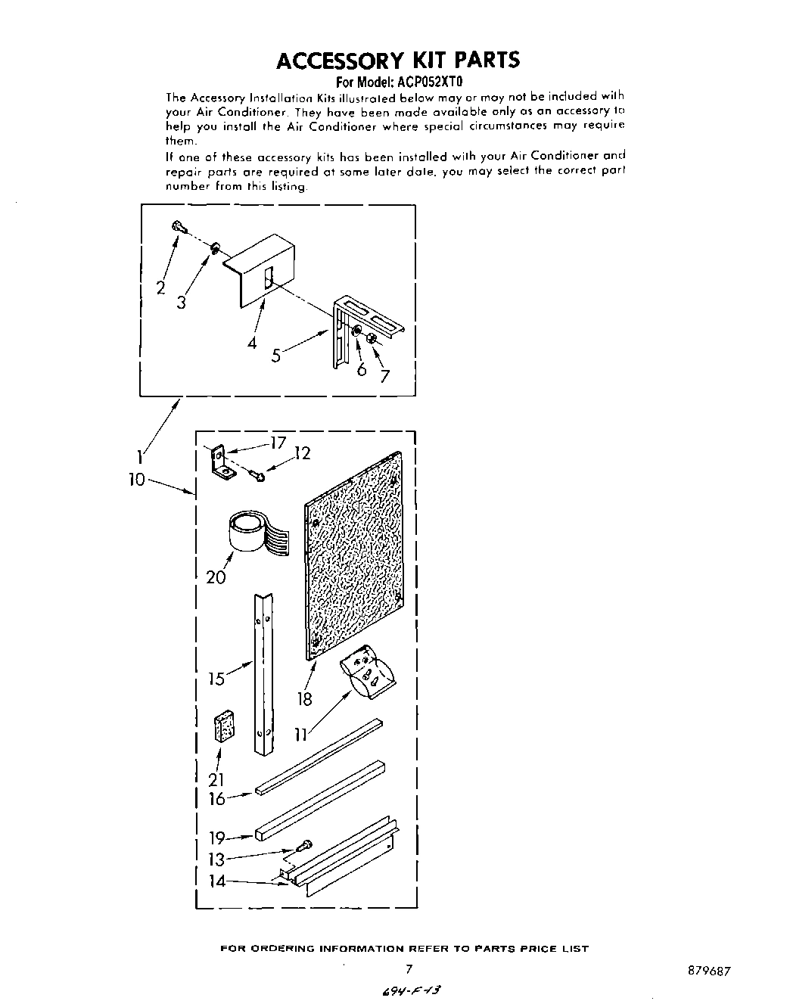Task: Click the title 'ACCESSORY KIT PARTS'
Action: pyautogui.click(x=398, y=60)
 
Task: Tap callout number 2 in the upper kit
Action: pyautogui.click(x=160, y=288)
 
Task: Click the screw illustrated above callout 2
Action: pyautogui.click(x=179, y=226)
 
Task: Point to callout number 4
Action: pyautogui.click(x=251, y=342)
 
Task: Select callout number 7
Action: pyautogui.click(x=385, y=375)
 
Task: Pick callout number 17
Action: pyautogui.click(x=278, y=443)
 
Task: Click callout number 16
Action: pyautogui.click(x=216, y=798)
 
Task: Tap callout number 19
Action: pyautogui.click(x=216, y=838)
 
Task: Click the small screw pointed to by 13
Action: pyautogui.click(x=306, y=846)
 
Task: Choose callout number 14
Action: pyautogui.click(x=217, y=881)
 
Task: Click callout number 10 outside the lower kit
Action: pyautogui.click(x=136, y=480)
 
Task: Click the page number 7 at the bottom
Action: pyautogui.click(x=409, y=968)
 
